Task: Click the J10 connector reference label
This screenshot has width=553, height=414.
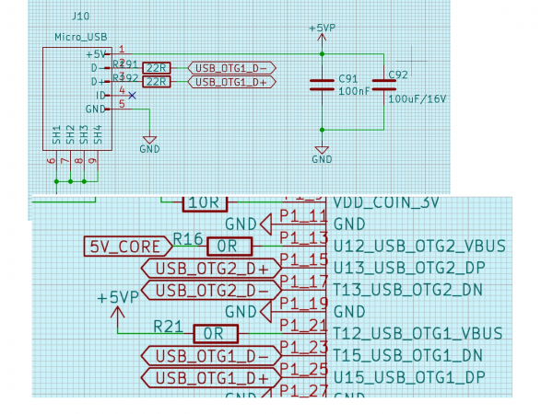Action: [79, 17]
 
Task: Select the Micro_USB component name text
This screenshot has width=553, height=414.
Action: [81, 37]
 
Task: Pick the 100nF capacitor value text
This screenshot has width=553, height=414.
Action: [354, 92]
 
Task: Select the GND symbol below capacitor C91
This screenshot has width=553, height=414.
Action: [322, 153]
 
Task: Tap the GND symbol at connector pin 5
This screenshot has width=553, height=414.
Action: [149, 143]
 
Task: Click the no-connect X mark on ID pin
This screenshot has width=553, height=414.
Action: [133, 95]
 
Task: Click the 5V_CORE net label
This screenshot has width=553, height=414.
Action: [125, 246]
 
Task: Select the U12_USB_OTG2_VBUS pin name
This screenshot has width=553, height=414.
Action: [419, 246]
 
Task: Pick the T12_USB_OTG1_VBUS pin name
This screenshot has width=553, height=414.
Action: [418, 333]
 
